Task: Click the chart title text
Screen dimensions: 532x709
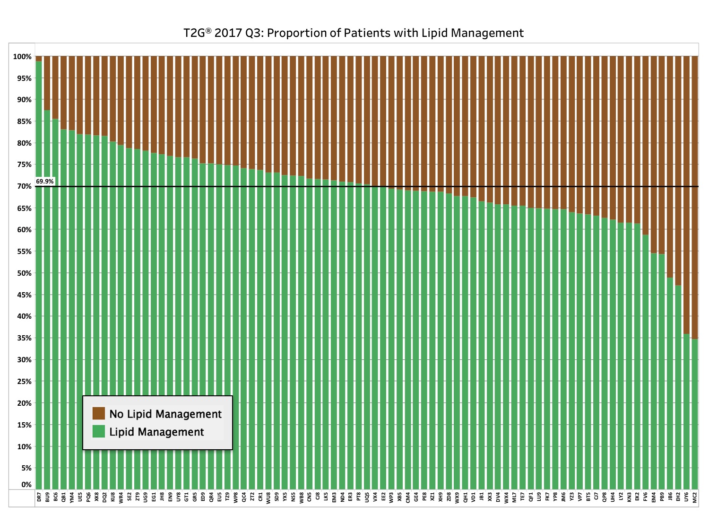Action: [x=354, y=33]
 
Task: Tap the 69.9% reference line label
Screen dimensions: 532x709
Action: [x=45, y=182]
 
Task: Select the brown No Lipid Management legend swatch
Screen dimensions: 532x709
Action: [x=98, y=413]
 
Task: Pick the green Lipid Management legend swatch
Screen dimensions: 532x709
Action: [x=98, y=431]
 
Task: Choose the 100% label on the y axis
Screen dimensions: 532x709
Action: [x=22, y=57]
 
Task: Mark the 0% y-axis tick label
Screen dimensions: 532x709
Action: [x=26, y=485]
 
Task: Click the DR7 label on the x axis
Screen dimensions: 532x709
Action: [x=39, y=497]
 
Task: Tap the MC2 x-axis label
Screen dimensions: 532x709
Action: [x=695, y=497]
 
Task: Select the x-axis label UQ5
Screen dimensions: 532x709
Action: [x=367, y=497]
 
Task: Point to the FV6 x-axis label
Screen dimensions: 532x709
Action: [x=646, y=497]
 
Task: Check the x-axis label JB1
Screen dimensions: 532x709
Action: [x=482, y=497]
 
